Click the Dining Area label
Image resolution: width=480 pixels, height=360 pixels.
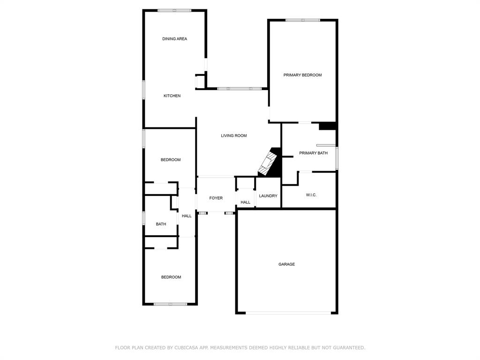(x=174, y=39)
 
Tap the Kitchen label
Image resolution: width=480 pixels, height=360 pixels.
(x=172, y=96)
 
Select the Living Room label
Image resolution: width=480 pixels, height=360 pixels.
(x=233, y=136)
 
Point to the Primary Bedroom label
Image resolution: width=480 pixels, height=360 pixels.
(x=302, y=75)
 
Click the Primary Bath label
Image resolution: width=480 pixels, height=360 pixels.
(x=313, y=153)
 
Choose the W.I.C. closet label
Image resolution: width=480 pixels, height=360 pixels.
(x=311, y=195)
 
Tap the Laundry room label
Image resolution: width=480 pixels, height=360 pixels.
(x=268, y=196)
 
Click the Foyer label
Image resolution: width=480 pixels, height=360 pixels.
(x=216, y=198)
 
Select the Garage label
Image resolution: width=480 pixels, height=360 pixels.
(x=286, y=264)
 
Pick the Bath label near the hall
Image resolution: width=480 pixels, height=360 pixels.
(x=161, y=224)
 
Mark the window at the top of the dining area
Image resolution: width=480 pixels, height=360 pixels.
(x=174, y=10)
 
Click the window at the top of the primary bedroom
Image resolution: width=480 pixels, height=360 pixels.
(x=303, y=20)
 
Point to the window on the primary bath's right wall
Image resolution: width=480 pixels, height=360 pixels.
(x=337, y=158)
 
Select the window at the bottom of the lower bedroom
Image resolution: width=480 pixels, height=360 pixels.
(x=171, y=304)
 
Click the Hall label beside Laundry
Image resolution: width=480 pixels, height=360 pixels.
(x=245, y=202)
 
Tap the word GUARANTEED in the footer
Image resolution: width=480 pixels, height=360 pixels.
(x=347, y=348)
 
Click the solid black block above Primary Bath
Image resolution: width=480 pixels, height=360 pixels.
(x=327, y=126)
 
